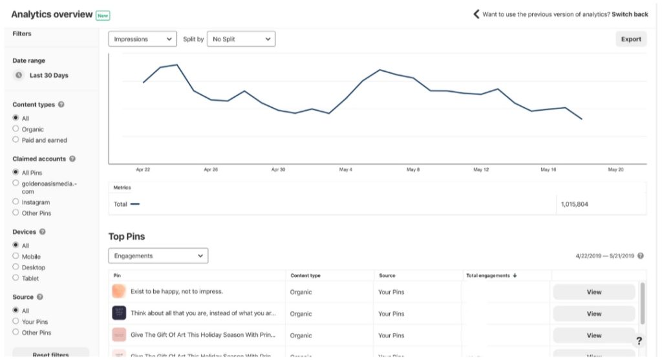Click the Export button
pos(630,39)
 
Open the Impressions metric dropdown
pos(142,39)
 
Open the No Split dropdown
pos(240,39)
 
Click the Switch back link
pos(630,14)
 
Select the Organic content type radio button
pos(16,129)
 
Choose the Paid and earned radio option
pos(16,140)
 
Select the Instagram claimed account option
pos(16,202)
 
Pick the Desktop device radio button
pos(16,267)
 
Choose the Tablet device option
pos(16,278)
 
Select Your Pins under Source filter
pos(16,321)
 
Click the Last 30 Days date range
pos(48,75)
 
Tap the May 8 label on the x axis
pos(413,169)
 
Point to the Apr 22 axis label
pos(143,169)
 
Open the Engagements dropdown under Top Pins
pos(158,256)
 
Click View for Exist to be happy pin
pos(593,291)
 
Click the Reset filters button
pos(51,354)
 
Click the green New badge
pos(103,14)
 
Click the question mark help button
pos(639,341)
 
